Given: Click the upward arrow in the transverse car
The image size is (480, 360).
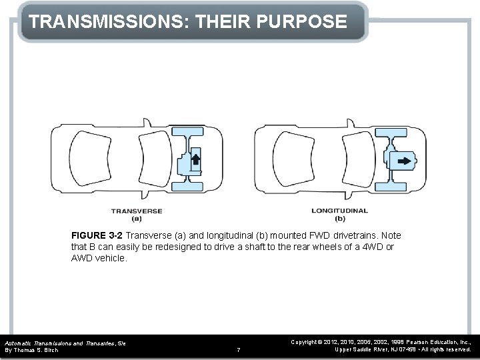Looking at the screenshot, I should click(x=197, y=161).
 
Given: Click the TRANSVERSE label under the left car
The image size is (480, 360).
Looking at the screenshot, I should click(x=137, y=211).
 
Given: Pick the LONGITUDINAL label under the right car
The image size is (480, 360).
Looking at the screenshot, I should click(x=339, y=211).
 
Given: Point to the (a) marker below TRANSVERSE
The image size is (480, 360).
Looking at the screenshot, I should click(x=137, y=218).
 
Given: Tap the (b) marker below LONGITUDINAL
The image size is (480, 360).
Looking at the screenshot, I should click(x=339, y=218).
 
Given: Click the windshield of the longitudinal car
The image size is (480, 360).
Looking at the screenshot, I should click(x=353, y=161).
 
